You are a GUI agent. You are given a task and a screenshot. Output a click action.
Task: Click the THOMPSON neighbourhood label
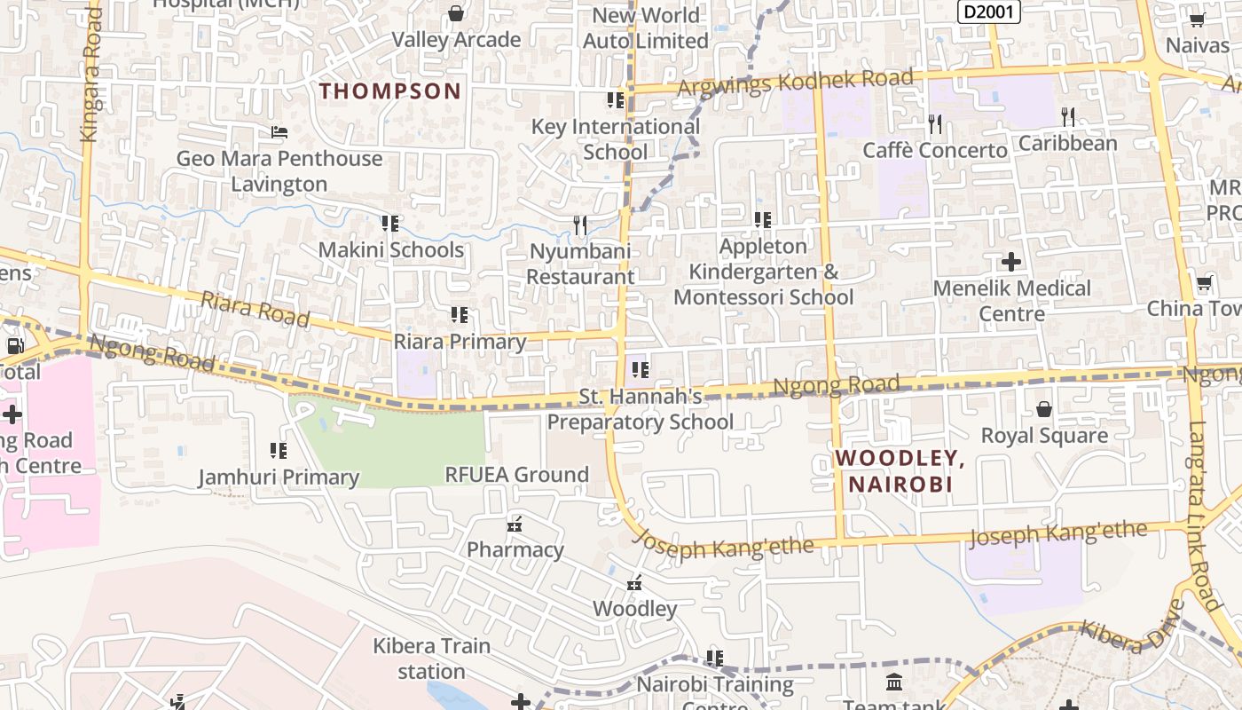390,91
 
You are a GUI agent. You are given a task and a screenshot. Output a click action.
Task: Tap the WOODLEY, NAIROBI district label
900,471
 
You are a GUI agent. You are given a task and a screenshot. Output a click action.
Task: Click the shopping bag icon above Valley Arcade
456,13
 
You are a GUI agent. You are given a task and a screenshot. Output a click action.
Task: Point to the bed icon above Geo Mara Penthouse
279,132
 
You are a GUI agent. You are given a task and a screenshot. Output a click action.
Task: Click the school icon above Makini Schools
389,223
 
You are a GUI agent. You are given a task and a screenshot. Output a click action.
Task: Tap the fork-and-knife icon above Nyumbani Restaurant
580,225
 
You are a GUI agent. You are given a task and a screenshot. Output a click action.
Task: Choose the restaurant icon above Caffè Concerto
935,122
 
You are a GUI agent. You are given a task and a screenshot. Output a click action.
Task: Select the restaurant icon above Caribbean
1068,116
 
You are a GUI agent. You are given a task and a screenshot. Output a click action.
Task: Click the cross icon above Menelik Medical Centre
1011,262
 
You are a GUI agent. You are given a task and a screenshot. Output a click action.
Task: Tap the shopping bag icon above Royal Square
1044,409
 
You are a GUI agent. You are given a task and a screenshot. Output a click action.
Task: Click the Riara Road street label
255,309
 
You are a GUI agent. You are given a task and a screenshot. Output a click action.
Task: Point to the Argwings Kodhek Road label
795,82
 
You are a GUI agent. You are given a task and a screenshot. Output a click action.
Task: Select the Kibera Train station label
431,658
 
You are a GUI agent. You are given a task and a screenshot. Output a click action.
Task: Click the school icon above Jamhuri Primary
279,451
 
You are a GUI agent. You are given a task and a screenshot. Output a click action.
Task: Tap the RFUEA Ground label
516,475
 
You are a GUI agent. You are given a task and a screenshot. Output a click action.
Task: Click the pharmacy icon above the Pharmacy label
515,524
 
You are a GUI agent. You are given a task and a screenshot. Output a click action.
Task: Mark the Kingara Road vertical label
91,75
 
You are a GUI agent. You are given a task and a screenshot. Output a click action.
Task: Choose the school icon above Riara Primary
460,315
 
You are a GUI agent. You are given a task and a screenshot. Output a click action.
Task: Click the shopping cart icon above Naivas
1197,19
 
